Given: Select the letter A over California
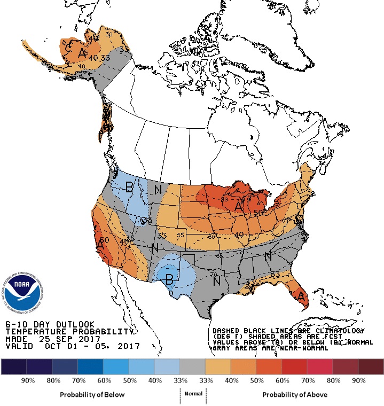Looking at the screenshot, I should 100,245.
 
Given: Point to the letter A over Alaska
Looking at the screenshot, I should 82,53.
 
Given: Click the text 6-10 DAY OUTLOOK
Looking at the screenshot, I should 50,324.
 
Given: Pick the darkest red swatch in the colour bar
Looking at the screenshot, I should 371,366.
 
